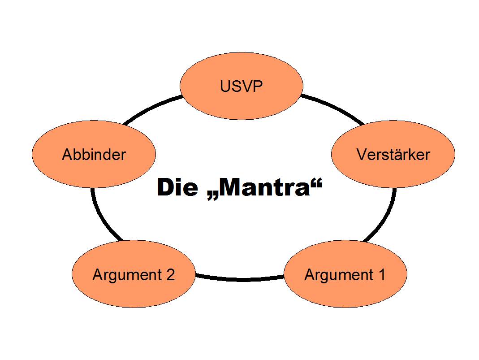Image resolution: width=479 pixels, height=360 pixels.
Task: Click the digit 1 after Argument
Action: coord(381,274)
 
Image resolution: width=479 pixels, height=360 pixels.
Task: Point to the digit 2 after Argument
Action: coord(170,274)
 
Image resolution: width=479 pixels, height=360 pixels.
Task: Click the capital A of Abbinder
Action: coord(67,155)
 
